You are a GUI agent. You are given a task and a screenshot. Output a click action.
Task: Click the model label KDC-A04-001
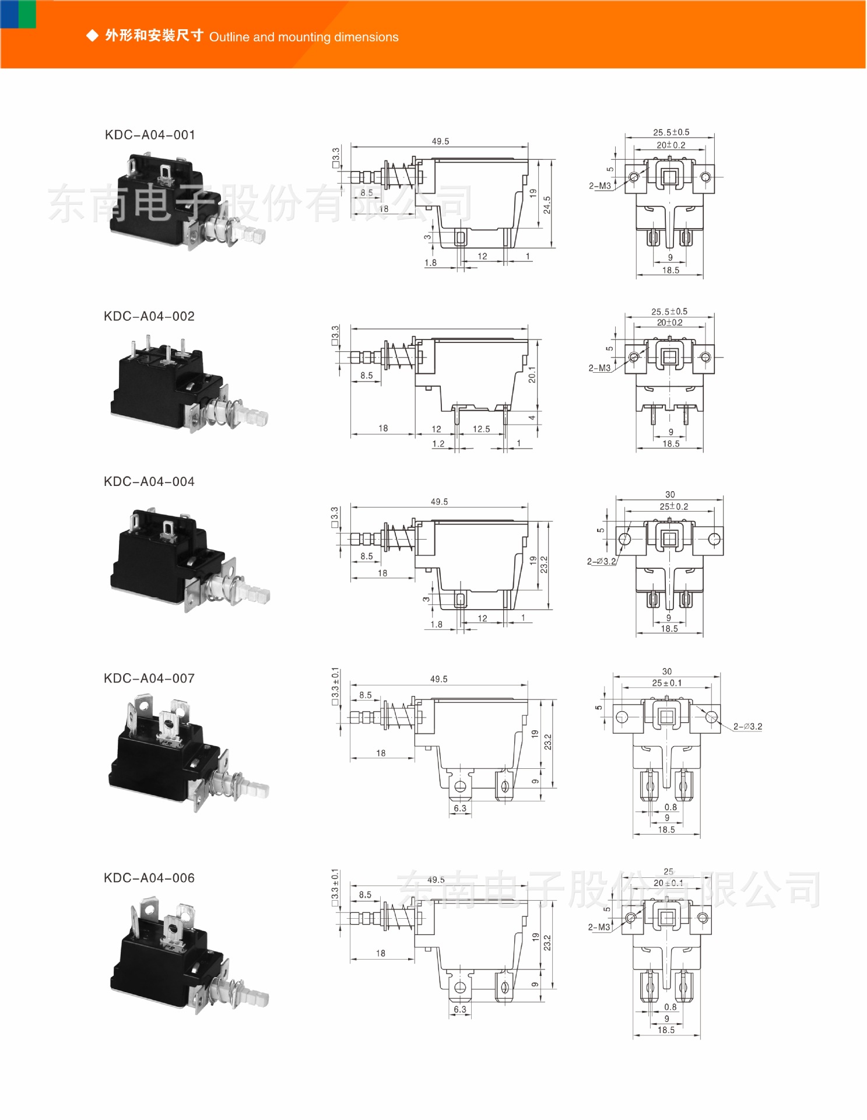pyautogui.click(x=150, y=135)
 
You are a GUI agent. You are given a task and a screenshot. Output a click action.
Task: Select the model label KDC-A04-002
pyautogui.click(x=149, y=316)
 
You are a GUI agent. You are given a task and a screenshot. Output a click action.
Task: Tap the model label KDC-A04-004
pyautogui.click(x=149, y=481)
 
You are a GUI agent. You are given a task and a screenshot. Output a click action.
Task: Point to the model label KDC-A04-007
pyautogui.click(x=149, y=678)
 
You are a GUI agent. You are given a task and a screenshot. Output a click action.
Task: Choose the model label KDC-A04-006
pyautogui.click(x=149, y=878)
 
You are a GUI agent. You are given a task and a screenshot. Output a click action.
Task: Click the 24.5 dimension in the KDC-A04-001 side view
pyautogui.click(x=547, y=205)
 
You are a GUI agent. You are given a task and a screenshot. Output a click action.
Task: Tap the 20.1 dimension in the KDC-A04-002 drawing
pyautogui.click(x=532, y=374)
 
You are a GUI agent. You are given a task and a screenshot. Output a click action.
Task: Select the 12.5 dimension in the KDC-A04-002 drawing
pyautogui.click(x=481, y=429)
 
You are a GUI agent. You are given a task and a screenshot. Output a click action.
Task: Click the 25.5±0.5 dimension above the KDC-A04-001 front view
pyautogui.click(x=671, y=132)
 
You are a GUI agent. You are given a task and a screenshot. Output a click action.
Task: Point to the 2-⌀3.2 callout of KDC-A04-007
pyautogui.click(x=747, y=726)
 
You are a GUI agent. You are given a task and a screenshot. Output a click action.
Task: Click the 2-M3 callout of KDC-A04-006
pyautogui.click(x=599, y=927)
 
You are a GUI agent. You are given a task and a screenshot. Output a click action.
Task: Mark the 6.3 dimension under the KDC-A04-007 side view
pyautogui.click(x=460, y=808)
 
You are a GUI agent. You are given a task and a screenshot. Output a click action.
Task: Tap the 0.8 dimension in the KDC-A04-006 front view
pyautogui.click(x=671, y=1007)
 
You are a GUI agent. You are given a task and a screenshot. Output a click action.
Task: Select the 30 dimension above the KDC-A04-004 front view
pyautogui.click(x=670, y=494)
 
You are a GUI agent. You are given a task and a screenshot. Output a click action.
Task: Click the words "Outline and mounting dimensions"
pyautogui.click(x=304, y=37)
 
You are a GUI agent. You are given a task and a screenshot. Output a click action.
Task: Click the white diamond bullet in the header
pyautogui.click(x=92, y=36)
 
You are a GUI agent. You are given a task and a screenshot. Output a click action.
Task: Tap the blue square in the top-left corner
pyautogui.click(x=9, y=14)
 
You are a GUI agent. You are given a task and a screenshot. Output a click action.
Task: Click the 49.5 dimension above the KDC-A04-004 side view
pyautogui.click(x=439, y=502)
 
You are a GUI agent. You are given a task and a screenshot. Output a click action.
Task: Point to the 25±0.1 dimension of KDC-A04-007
pyautogui.click(x=666, y=683)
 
